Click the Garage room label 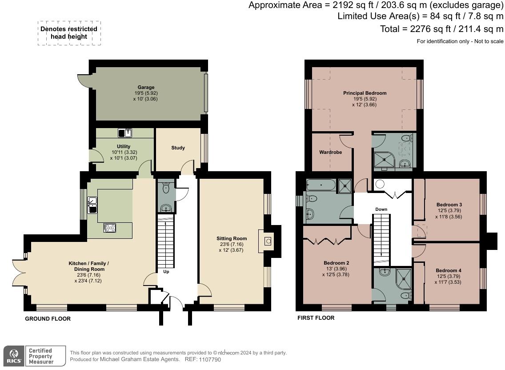146,87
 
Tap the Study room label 178,148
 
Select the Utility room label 124,146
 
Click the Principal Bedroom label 365,93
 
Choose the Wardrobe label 330,152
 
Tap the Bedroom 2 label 336,263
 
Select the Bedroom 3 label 449,205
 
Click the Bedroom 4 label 449,270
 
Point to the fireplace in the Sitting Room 268,241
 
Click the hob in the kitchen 109,228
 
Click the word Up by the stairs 166,272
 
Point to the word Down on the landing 381,209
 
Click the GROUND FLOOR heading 48,319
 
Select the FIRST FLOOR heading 316,318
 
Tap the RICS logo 13,356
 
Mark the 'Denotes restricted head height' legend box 69,33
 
